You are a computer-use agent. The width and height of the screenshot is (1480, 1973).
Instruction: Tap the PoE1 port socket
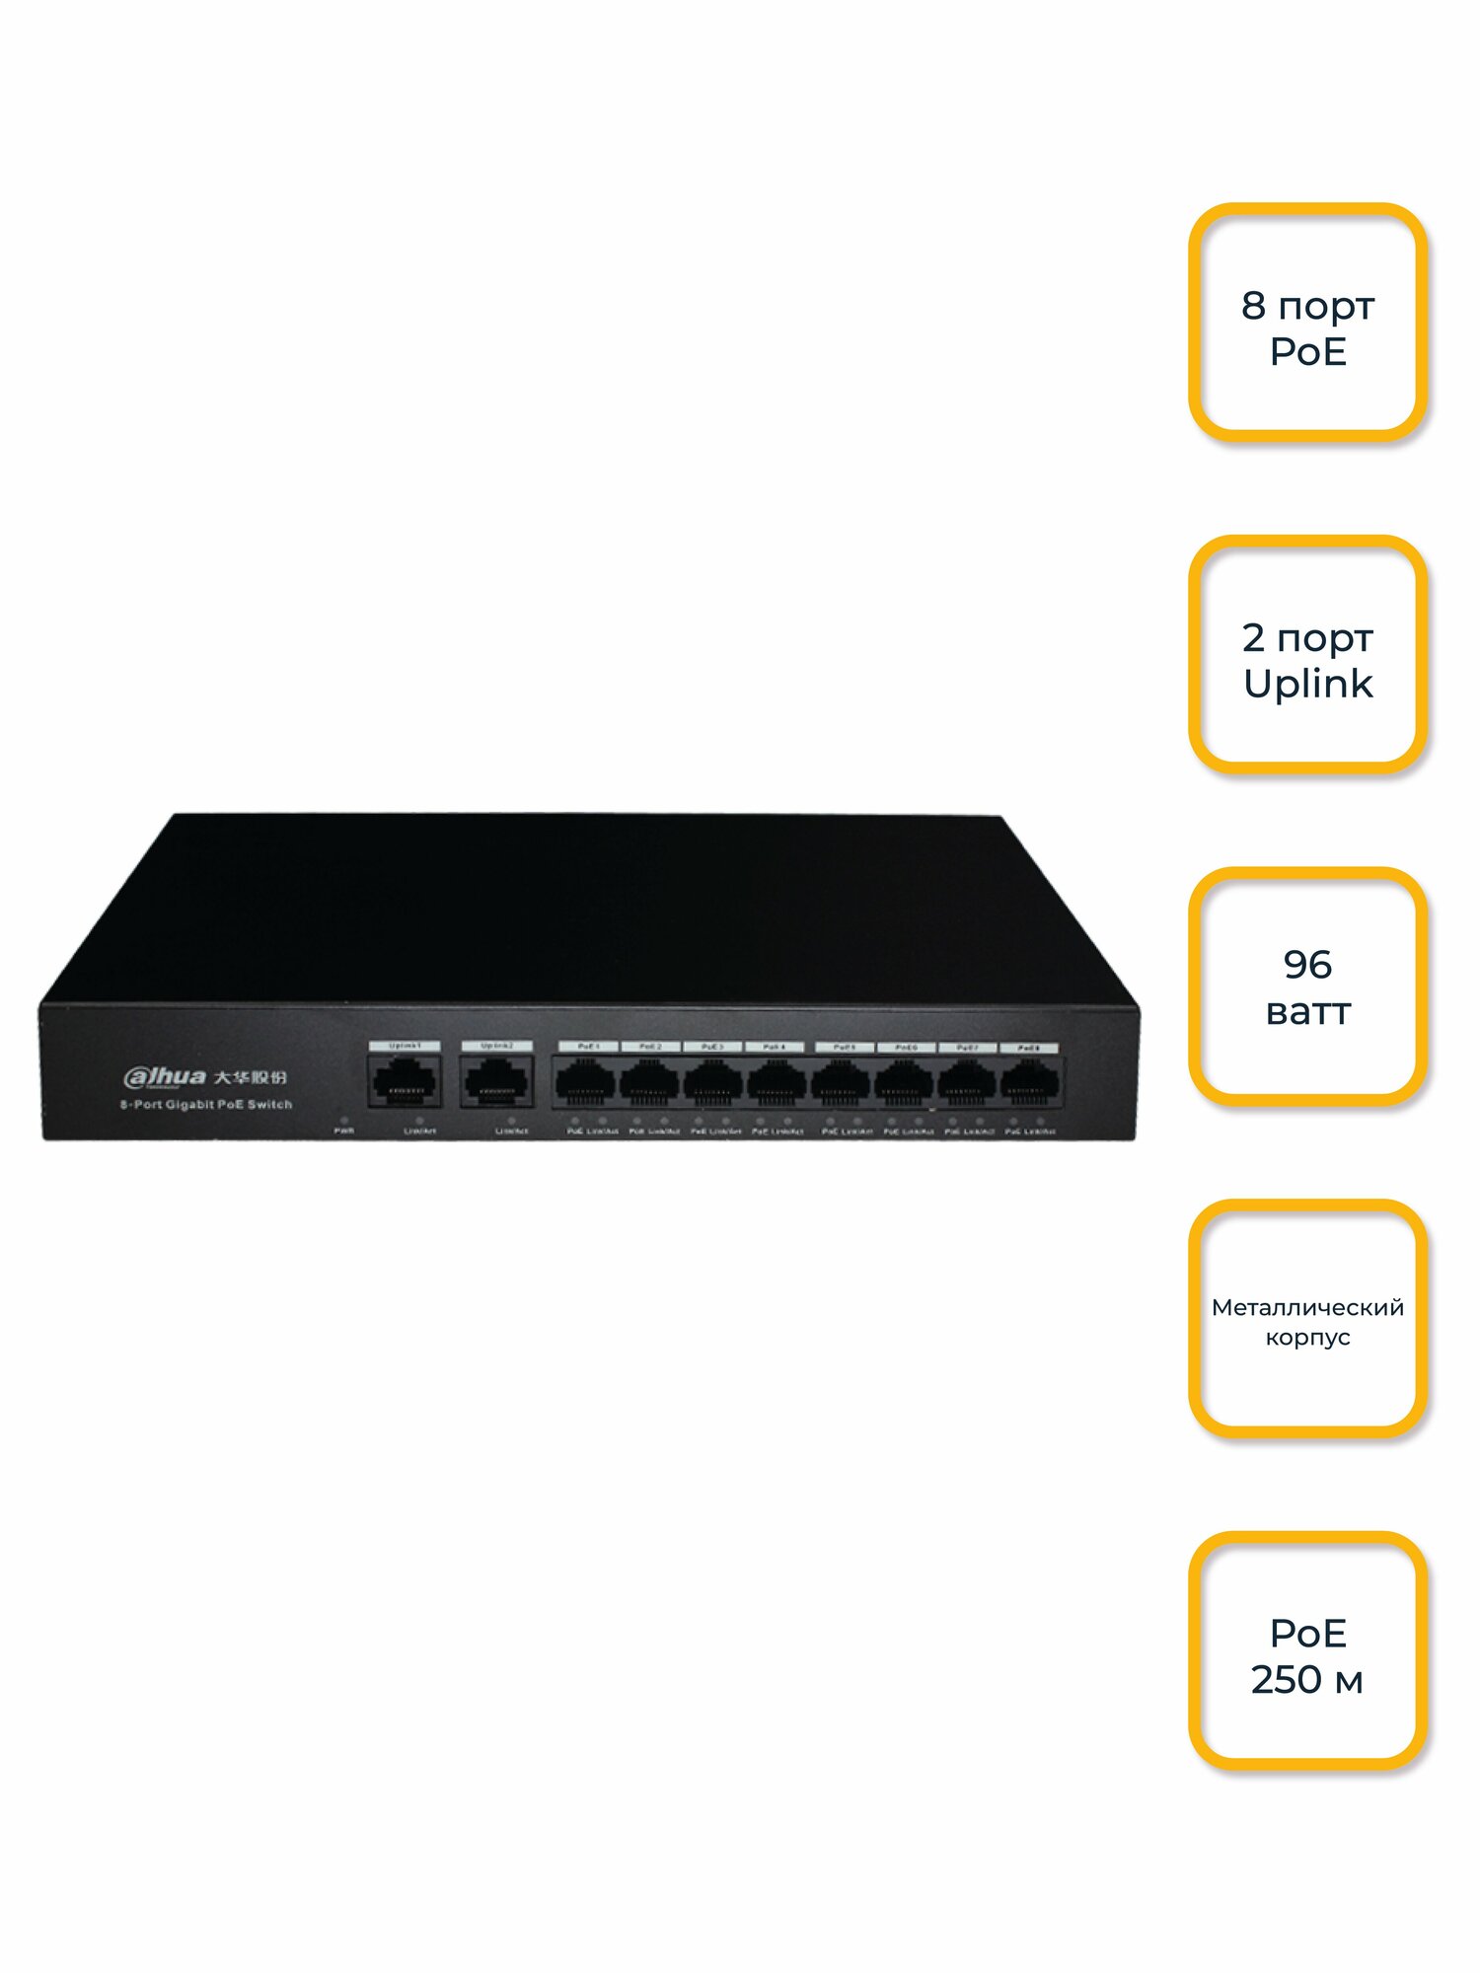coord(585,1082)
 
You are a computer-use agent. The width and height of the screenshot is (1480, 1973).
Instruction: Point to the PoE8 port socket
coord(1029,1082)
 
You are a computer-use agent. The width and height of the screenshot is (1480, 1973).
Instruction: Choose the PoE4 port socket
coord(776,1082)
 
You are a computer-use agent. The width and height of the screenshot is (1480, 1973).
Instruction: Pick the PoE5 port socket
coord(841,1082)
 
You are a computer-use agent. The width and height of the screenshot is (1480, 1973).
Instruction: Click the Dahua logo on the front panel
coord(165,1076)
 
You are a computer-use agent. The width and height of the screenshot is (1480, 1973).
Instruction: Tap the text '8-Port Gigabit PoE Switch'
coord(206,1105)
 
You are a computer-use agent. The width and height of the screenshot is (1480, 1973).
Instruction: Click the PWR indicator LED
coord(343,1121)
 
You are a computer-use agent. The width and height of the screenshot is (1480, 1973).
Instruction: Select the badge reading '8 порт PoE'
coord(1307,322)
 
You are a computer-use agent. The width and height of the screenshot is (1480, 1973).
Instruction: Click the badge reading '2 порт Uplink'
coord(1307,654)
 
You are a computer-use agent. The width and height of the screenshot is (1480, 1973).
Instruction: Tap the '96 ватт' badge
coord(1307,986)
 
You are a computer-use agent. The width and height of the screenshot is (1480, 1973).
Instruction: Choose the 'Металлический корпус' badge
coord(1307,1319)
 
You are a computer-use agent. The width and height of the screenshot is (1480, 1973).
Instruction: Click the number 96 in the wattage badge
coord(1307,964)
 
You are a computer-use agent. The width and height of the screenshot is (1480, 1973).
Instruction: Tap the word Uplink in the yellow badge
coord(1307,684)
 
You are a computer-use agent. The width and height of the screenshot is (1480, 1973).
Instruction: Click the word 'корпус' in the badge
coord(1307,1338)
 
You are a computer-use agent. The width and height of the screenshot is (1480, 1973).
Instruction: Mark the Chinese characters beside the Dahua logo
coord(251,1076)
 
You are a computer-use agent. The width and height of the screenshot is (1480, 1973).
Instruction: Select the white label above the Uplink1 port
coord(405,1045)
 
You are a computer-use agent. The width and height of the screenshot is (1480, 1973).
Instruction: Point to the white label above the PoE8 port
coord(1029,1048)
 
